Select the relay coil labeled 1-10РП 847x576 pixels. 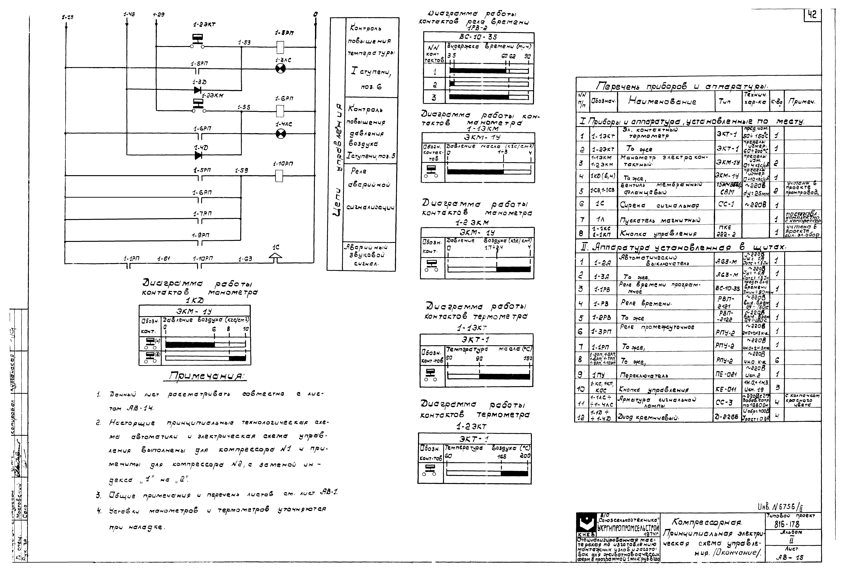pos(279,176)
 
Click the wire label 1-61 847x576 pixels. pos(164,259)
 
